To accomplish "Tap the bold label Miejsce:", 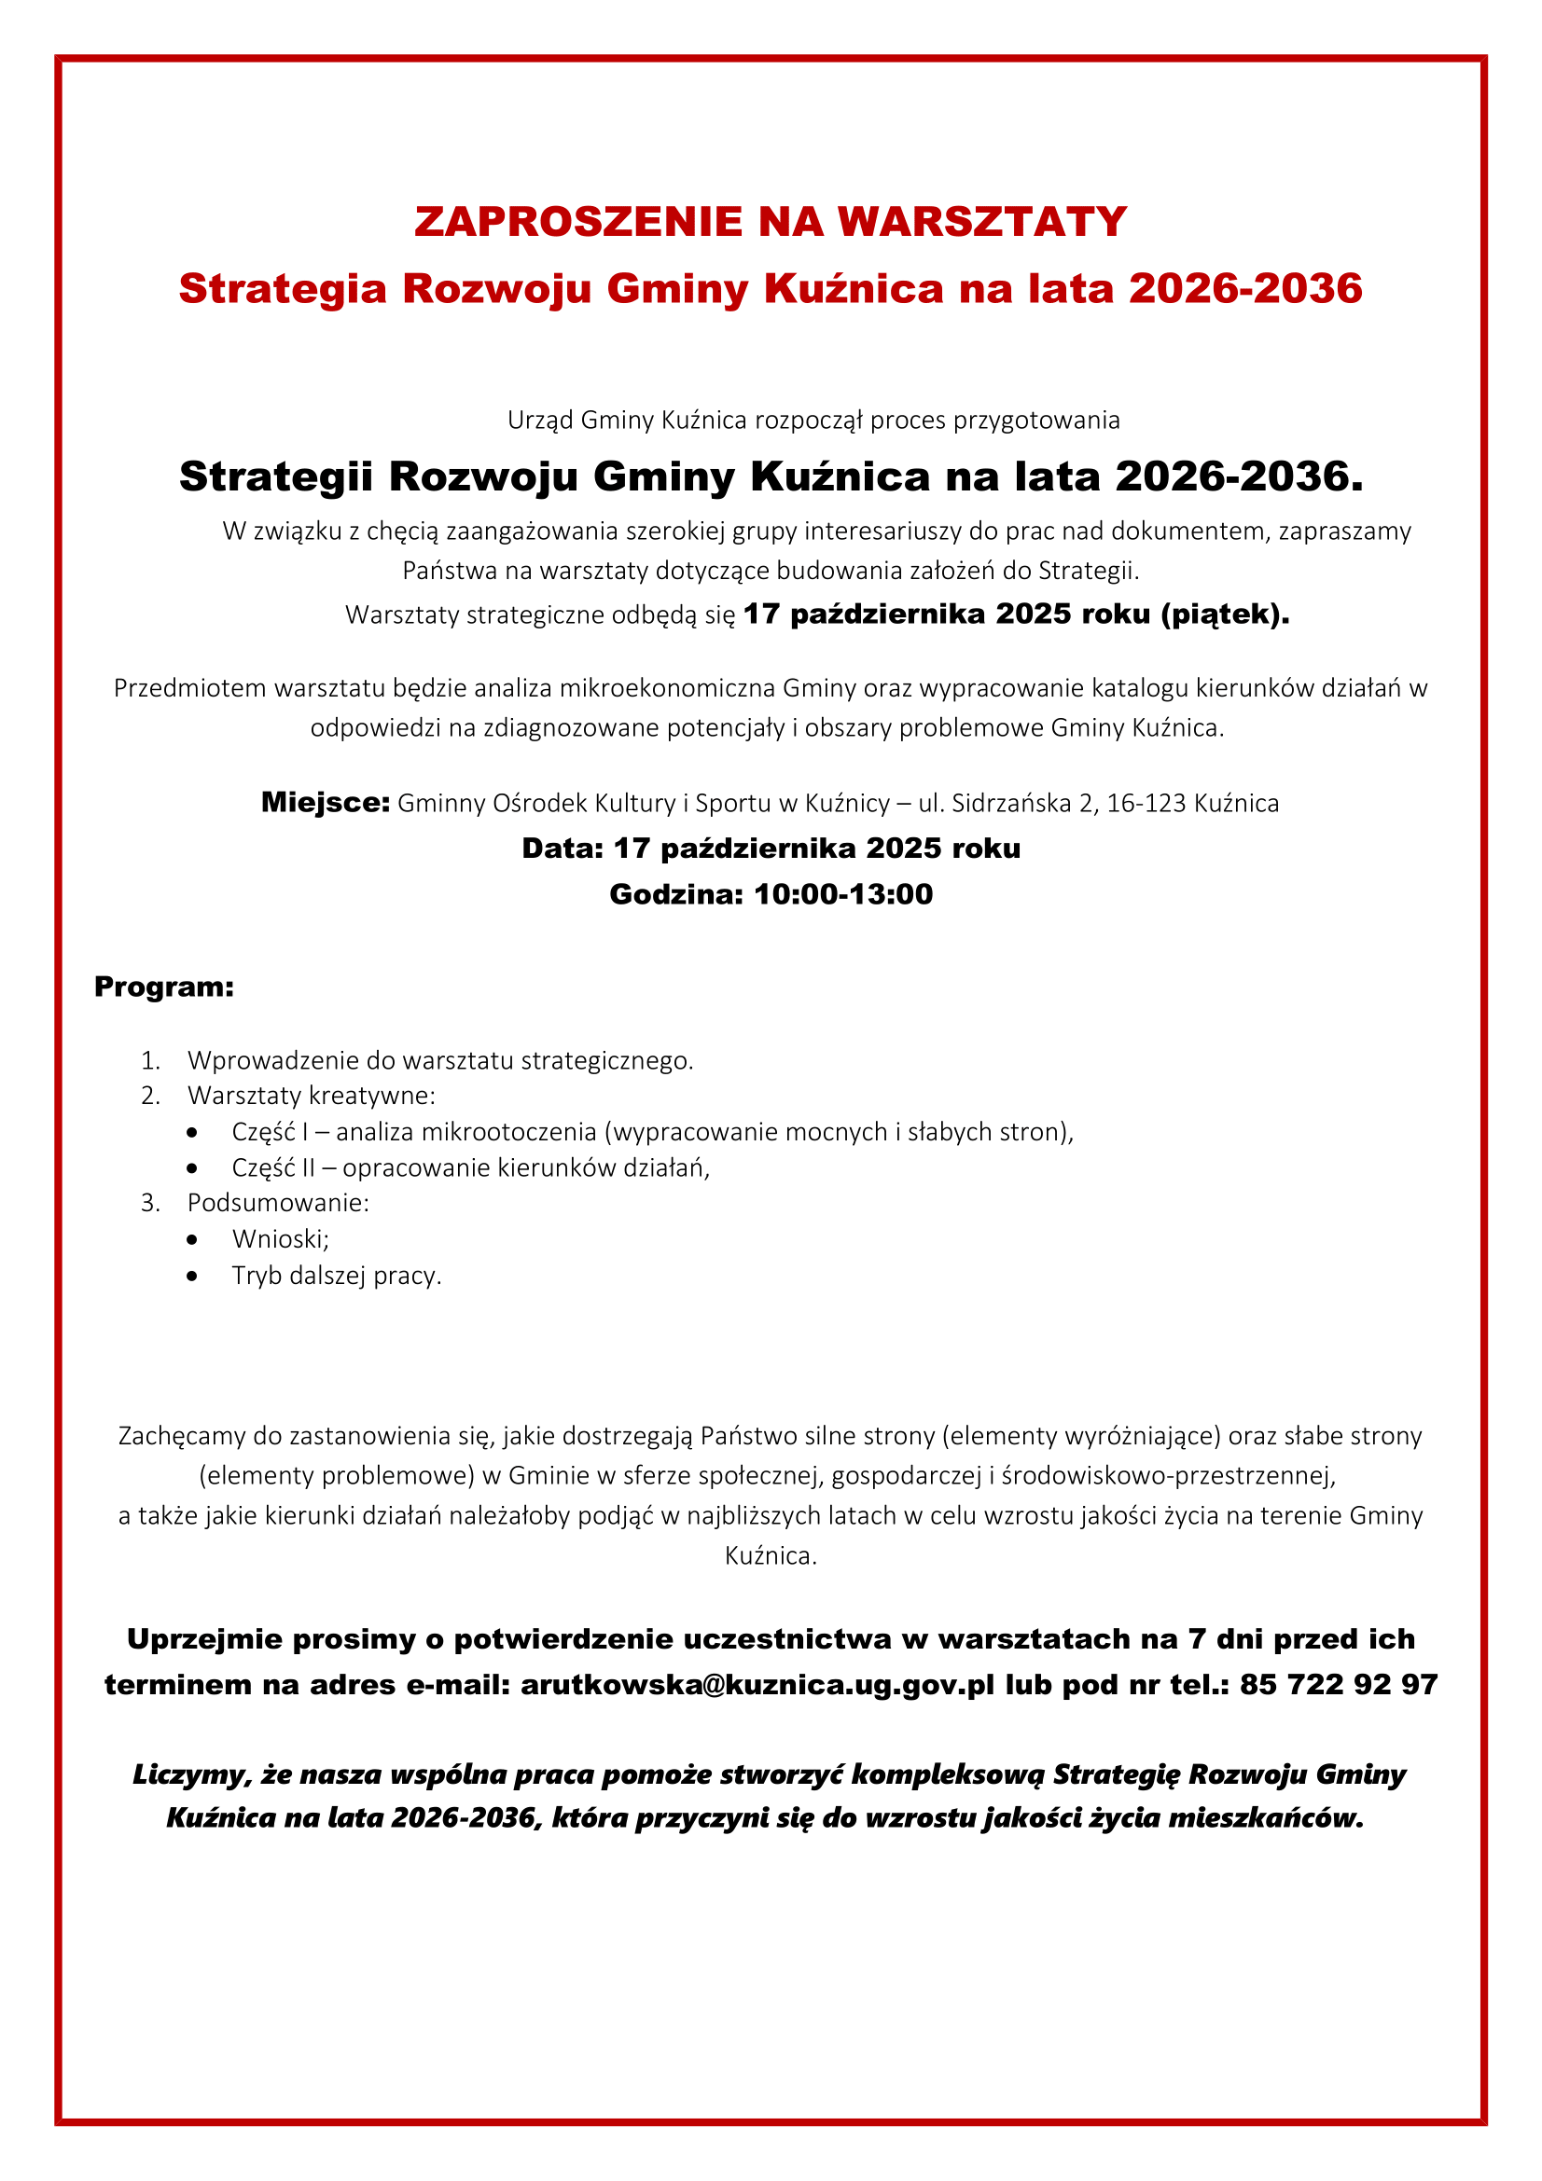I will (325, 803).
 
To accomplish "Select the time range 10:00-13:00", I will (842, 894).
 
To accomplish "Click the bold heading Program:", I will (163, 987).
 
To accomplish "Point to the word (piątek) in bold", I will (1224, 614).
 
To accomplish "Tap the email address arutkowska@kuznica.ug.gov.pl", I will (757, 1684).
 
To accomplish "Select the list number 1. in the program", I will (150, 1060).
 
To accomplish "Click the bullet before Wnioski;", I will (193, 1239).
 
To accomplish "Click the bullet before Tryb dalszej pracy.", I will (193, 1276).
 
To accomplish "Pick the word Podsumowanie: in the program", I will (277, 1203).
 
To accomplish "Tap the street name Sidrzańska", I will (1011, 804).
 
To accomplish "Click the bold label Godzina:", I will (675, 894).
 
